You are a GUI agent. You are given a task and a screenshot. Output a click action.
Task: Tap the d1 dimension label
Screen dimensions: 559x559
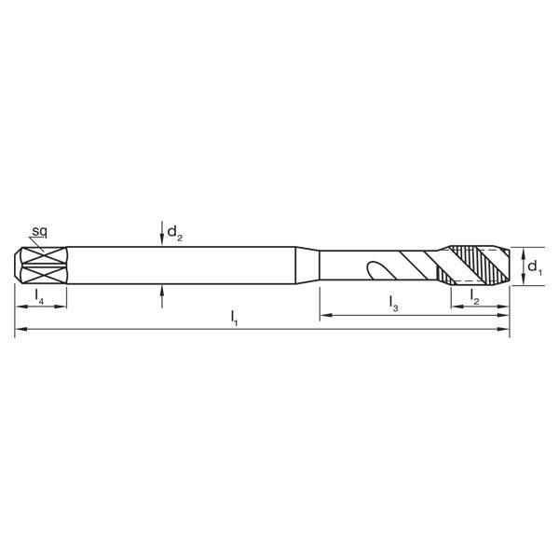[534, 267]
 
